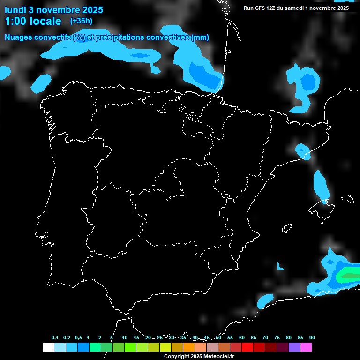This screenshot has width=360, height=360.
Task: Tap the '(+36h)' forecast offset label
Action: pyautogui.click(x=81, y=21)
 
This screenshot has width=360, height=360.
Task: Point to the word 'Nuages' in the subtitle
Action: pyautogui.click(x=18, y=37)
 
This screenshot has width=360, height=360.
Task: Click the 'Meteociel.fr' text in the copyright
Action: pyautogui.click(x=219, y=356)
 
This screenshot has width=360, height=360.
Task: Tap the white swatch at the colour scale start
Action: pyautogui.click(x=48, y=347)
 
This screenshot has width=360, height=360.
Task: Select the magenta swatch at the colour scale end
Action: pyautogui.click(x=306, y=347)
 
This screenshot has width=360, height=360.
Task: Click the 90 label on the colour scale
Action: pyautogui.click(x=312, y=337)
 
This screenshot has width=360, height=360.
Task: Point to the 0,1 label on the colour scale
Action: pyautogui.click(x=54, y=337)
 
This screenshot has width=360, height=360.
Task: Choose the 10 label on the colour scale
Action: pyautogui.click(x=125, y=337)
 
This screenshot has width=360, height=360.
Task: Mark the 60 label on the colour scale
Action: pyautogui.click(x=242, y=337)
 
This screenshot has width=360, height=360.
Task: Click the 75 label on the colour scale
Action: pyautogui.click(x=277, y=337)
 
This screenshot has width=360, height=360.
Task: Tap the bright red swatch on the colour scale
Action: pyautogui.click(x=247, y=347)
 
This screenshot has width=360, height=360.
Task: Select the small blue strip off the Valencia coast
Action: pyautogui.click(x=280, y=266)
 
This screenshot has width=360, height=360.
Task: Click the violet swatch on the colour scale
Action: pyautogui.click(x=294, y=347)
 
